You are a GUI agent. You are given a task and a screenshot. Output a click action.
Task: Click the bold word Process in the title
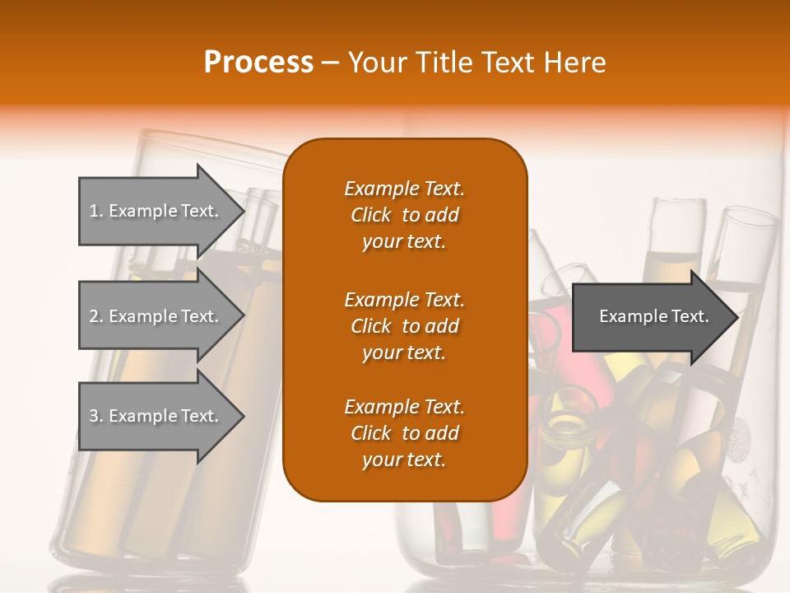(x=258, y=63)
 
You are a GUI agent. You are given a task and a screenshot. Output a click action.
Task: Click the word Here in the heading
(x=575, y=63)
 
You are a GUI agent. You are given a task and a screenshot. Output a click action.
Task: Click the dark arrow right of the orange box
(x=650, y=316)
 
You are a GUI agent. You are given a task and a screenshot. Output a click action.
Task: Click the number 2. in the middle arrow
(x=96, y=316)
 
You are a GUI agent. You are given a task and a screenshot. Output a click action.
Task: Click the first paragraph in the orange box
(x=404, y=215)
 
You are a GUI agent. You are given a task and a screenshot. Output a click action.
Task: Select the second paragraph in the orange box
(x=404, y=326)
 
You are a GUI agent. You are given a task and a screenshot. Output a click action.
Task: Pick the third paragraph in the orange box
(x=404, y=433)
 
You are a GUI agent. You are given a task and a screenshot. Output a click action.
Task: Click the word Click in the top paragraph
(x=370, y=216)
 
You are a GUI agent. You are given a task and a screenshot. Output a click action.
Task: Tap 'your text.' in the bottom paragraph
(x=404, y=460)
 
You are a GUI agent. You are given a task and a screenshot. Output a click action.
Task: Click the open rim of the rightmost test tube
(x=749, y=217)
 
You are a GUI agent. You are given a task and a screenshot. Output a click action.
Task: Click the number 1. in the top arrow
(x=96, y=211)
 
